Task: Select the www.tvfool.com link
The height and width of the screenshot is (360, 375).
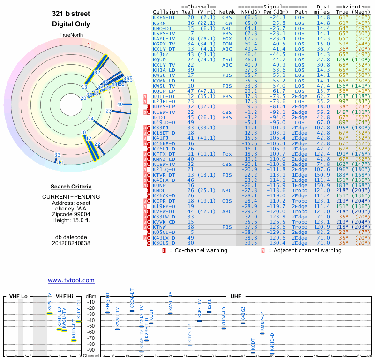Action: click(71, 280)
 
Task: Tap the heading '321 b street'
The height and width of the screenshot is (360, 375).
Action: click(71, 14)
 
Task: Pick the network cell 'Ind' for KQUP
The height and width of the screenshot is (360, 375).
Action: click(227, 60)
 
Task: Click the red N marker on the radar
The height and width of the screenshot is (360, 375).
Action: click(89, 45)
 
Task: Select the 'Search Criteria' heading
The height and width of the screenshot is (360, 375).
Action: click(71, 187)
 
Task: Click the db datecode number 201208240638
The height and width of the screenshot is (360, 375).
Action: click(71, 243)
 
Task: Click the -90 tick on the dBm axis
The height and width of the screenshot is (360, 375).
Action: click(90, 350)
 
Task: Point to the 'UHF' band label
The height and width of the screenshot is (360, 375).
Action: click(236, 296)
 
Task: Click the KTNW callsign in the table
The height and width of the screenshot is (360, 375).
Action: click(161, 227)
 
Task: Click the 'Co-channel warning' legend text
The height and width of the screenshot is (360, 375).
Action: click(197, 250)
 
